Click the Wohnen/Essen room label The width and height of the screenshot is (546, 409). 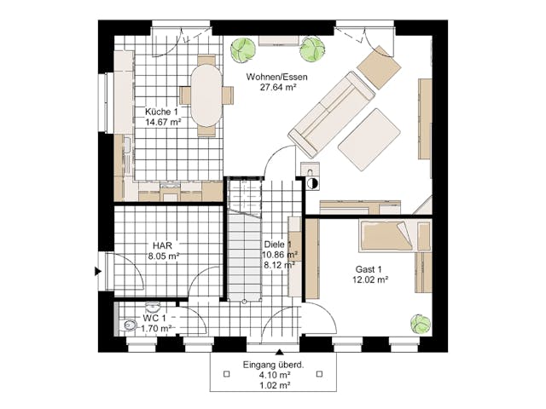(x=277, y=78)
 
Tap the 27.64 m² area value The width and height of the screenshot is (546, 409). (x=277, y=88)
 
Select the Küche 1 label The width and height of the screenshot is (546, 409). (x=162, y=112)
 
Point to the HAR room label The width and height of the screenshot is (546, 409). (x=162, y=244)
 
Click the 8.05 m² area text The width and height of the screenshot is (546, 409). (x=162, y=255)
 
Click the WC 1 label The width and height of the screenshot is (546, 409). (x=156, y=318)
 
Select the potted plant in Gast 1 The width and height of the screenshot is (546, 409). (x=419, y=324)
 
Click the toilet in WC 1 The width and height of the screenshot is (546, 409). (x=128, y=324)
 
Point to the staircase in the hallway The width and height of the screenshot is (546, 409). (x=242, y=256)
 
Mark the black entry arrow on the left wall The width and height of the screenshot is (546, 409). (x=98, y=273)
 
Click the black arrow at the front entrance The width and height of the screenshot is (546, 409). (x=279, y=351)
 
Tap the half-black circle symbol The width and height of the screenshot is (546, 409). (x=311, y=183)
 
